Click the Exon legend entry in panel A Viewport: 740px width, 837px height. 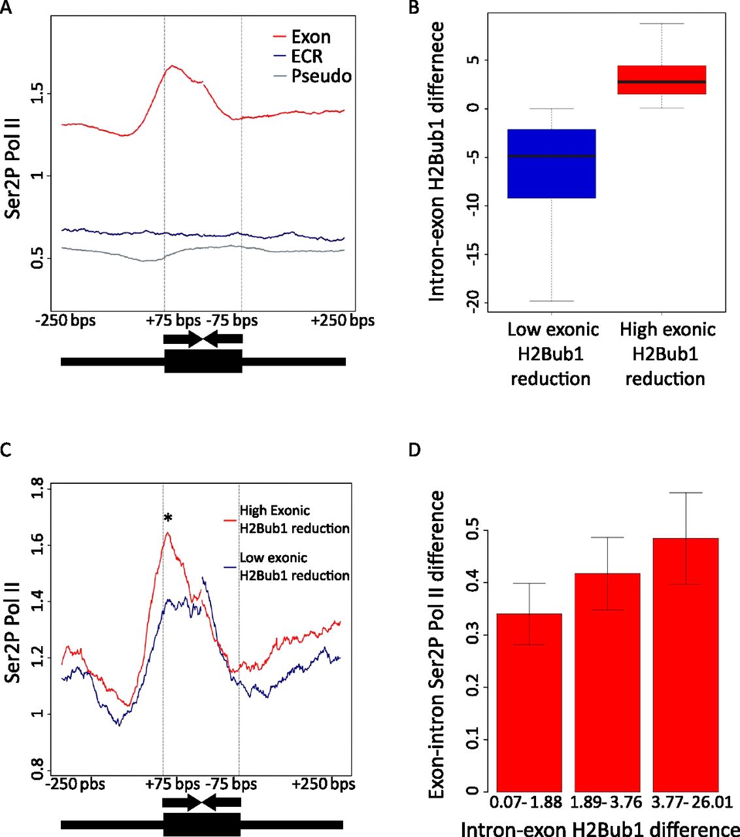coord(311,37)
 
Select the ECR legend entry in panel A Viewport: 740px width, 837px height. coord(307,56)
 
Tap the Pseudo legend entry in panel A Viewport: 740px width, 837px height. coord(321,76)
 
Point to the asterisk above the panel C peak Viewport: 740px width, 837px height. coord(168,519)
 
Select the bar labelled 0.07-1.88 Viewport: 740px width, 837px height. coord(529,702)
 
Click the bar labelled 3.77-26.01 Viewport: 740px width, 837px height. coord(685,664)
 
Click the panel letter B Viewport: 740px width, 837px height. coord(413,8)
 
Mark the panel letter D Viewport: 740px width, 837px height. coord(414,450)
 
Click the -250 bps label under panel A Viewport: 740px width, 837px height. coord(65,321)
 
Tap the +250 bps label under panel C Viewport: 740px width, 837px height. coord(324,784)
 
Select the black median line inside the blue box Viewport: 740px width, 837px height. coord(551,156)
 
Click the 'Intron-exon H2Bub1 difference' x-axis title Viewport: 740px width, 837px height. coord(600,828)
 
